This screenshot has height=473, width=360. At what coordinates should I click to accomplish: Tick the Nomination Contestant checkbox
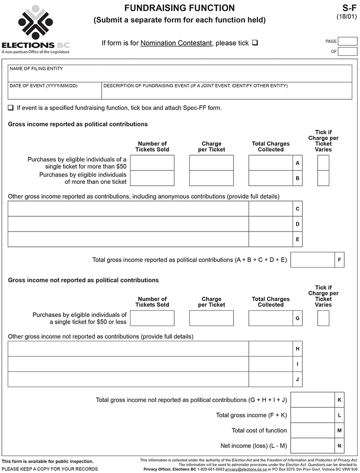255,43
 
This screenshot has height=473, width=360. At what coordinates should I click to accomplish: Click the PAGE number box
347,41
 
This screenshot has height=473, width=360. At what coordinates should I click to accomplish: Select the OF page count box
347,51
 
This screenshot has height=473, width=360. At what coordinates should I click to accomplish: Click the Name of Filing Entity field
180,74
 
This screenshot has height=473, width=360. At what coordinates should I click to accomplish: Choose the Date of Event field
54,91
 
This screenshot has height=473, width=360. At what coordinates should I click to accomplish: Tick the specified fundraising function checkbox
11,108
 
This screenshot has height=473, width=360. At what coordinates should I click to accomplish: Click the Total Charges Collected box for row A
270,163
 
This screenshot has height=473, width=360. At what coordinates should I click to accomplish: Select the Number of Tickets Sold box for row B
152,178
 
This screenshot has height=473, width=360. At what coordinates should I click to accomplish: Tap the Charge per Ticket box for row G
211,318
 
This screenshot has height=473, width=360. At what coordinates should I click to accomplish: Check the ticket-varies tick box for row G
323,318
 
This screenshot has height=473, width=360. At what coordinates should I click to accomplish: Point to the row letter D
297,224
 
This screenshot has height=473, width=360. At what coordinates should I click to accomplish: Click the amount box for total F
313,260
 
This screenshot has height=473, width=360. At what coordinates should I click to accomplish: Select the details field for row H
128,349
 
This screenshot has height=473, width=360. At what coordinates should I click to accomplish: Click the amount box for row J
270,379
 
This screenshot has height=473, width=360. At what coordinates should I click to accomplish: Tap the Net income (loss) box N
313,446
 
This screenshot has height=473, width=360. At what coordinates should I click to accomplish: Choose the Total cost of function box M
313,430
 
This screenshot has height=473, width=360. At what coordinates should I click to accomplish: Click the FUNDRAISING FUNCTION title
180,8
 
